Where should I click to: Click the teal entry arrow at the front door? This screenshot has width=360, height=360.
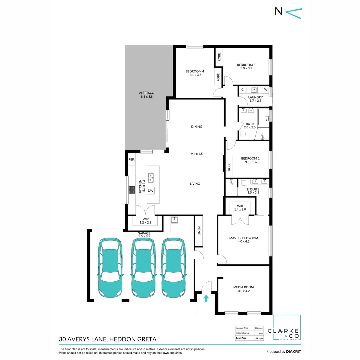click(206, 298)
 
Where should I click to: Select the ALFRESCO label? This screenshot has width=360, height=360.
click(147, 93)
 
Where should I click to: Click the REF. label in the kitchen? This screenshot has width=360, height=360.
click(131, 160)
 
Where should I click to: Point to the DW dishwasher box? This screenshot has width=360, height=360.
click(151, 191)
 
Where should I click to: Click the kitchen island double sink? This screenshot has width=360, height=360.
click(151, 178)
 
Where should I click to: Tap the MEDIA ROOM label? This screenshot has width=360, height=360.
click(244, 287)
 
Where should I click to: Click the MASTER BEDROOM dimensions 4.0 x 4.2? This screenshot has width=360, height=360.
click(244, 242)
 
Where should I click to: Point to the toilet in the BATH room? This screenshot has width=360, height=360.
click(242, 134)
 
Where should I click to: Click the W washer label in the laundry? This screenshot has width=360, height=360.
click(266, 89)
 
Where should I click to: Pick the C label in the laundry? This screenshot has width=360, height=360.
click(242, 89)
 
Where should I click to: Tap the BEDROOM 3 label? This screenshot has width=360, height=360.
click(246, 65)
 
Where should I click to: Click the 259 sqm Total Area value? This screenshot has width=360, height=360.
click(259, 338)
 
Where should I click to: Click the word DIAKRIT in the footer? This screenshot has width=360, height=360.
click(293, 351)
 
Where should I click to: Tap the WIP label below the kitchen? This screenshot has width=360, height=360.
click(146, 219)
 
